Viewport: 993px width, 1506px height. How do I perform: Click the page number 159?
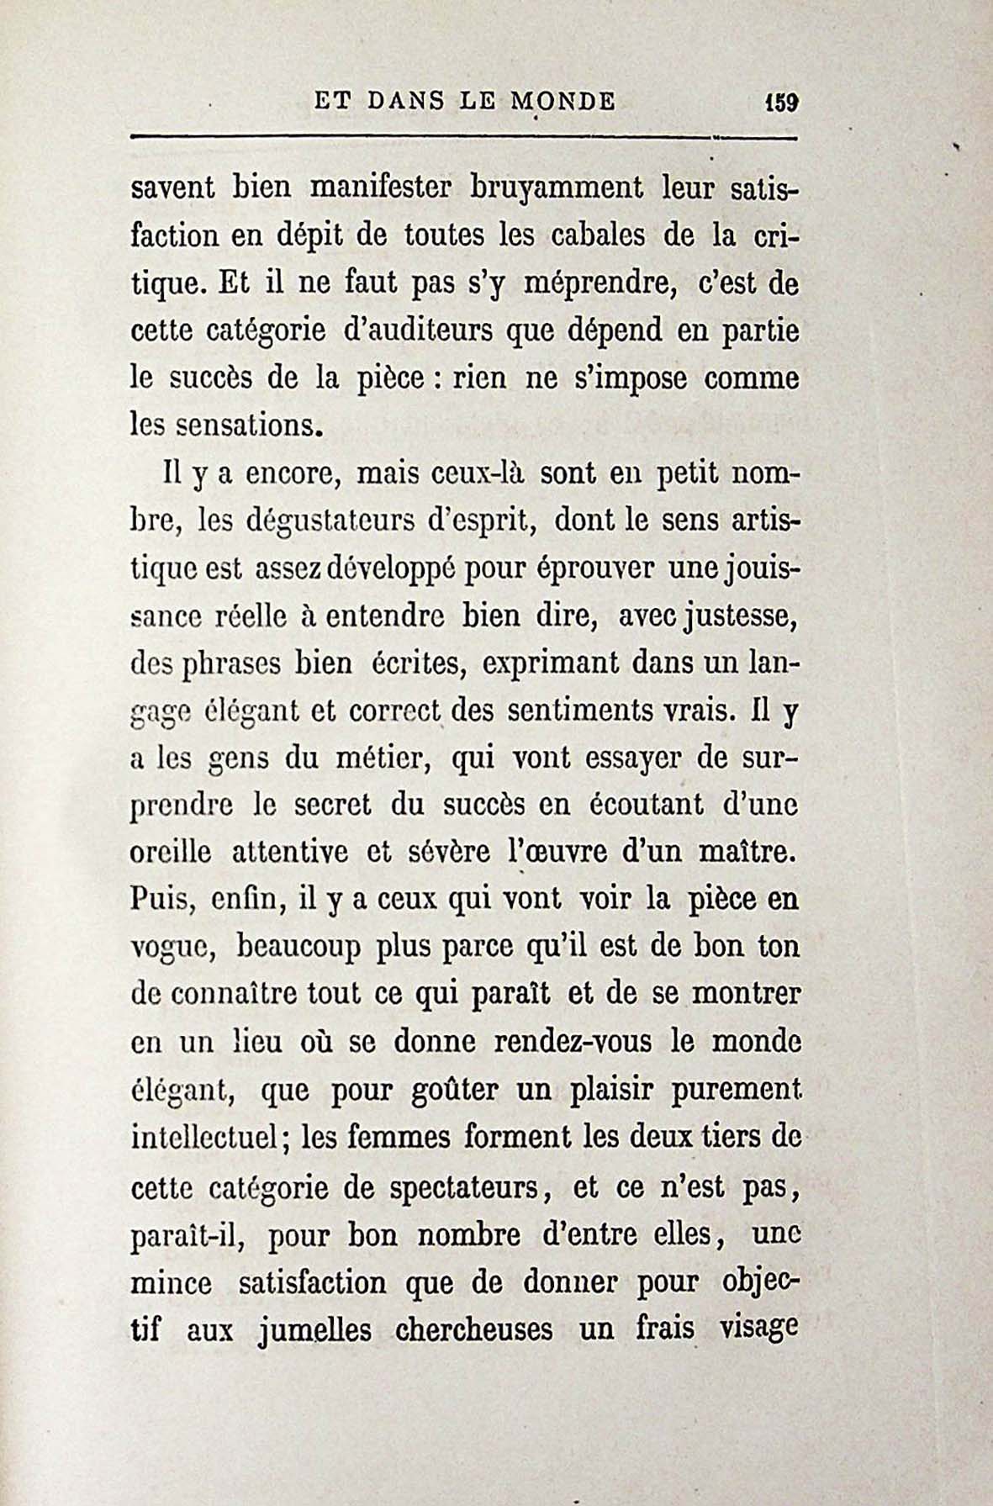(x=780, y=103)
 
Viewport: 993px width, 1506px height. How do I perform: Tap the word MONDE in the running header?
(x=561, y=102)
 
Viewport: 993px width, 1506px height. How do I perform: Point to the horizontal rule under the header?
(x=462, y=137)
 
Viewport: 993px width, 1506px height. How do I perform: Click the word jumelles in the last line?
(x=316, y=1330)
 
